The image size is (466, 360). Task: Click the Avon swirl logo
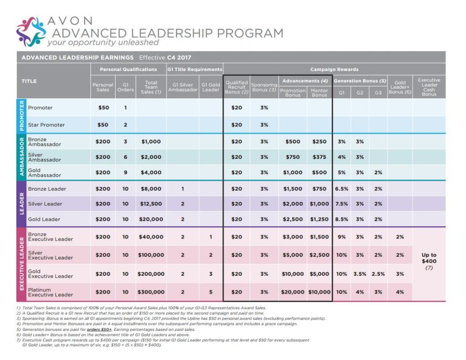[x=30, y=32]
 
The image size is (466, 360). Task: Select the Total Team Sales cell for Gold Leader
[x=151, y=219]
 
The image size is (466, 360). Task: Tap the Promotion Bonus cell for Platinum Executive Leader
[x=292, y=292]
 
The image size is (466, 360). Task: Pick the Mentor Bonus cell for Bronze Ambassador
[x=319, y=142]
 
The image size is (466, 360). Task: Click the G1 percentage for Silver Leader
[x=341, y=204]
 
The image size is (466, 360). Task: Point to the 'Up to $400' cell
[x=429, y=261]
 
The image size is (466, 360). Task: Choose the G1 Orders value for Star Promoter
[x=125, y=125]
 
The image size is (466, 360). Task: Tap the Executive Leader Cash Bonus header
[x=429, y=86]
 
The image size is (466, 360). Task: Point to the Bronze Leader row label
[x=47, y=189]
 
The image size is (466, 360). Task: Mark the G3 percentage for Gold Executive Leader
[x=378, y=274]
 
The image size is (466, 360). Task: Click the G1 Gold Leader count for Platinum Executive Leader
[x=211, y=292]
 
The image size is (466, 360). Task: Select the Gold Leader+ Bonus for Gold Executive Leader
[x=400, y=274]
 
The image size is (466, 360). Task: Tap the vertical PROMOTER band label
[x=21, y=116]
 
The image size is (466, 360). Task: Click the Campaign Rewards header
[x=334, y=70]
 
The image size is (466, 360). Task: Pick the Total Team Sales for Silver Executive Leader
[x=151, y=255]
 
